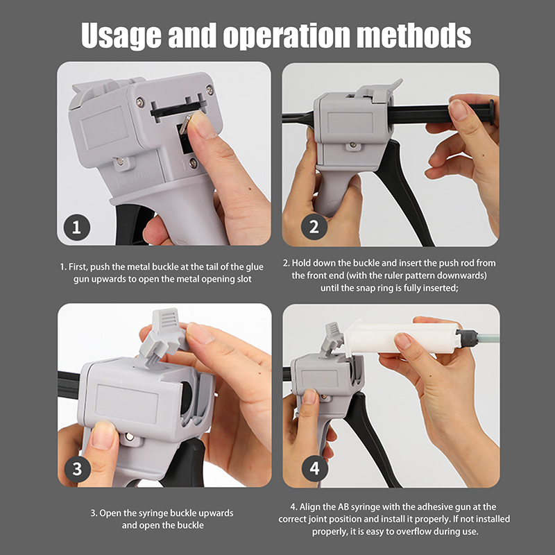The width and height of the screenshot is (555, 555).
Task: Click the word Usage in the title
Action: click(x=121, y=37)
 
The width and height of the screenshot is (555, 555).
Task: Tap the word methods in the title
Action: click(x=413, y=35)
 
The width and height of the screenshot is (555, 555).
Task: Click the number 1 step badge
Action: click(x=77, y=228)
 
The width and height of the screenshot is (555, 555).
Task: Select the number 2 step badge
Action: click(x=314, y=227)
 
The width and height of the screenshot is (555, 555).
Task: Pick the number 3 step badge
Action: click(x=77, y=469)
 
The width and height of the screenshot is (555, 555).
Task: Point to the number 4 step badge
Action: click(x=315, y=468)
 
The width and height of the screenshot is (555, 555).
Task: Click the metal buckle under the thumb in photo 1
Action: click(x=186, y=123)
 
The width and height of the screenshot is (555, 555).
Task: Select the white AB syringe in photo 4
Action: click(x=402, y=338)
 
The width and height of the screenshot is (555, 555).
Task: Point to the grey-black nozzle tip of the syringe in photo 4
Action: click(x=467, y=337)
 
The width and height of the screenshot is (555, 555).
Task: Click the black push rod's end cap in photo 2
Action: click(x=491, y=112)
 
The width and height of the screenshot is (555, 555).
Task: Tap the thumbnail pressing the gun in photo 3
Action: click(x=103, y=436)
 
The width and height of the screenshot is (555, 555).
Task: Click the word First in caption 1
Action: click(x=78, y=267)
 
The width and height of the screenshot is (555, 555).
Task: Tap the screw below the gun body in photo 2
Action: click(x=352, y=145)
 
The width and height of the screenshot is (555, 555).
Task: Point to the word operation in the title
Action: click(x=286, y=37)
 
